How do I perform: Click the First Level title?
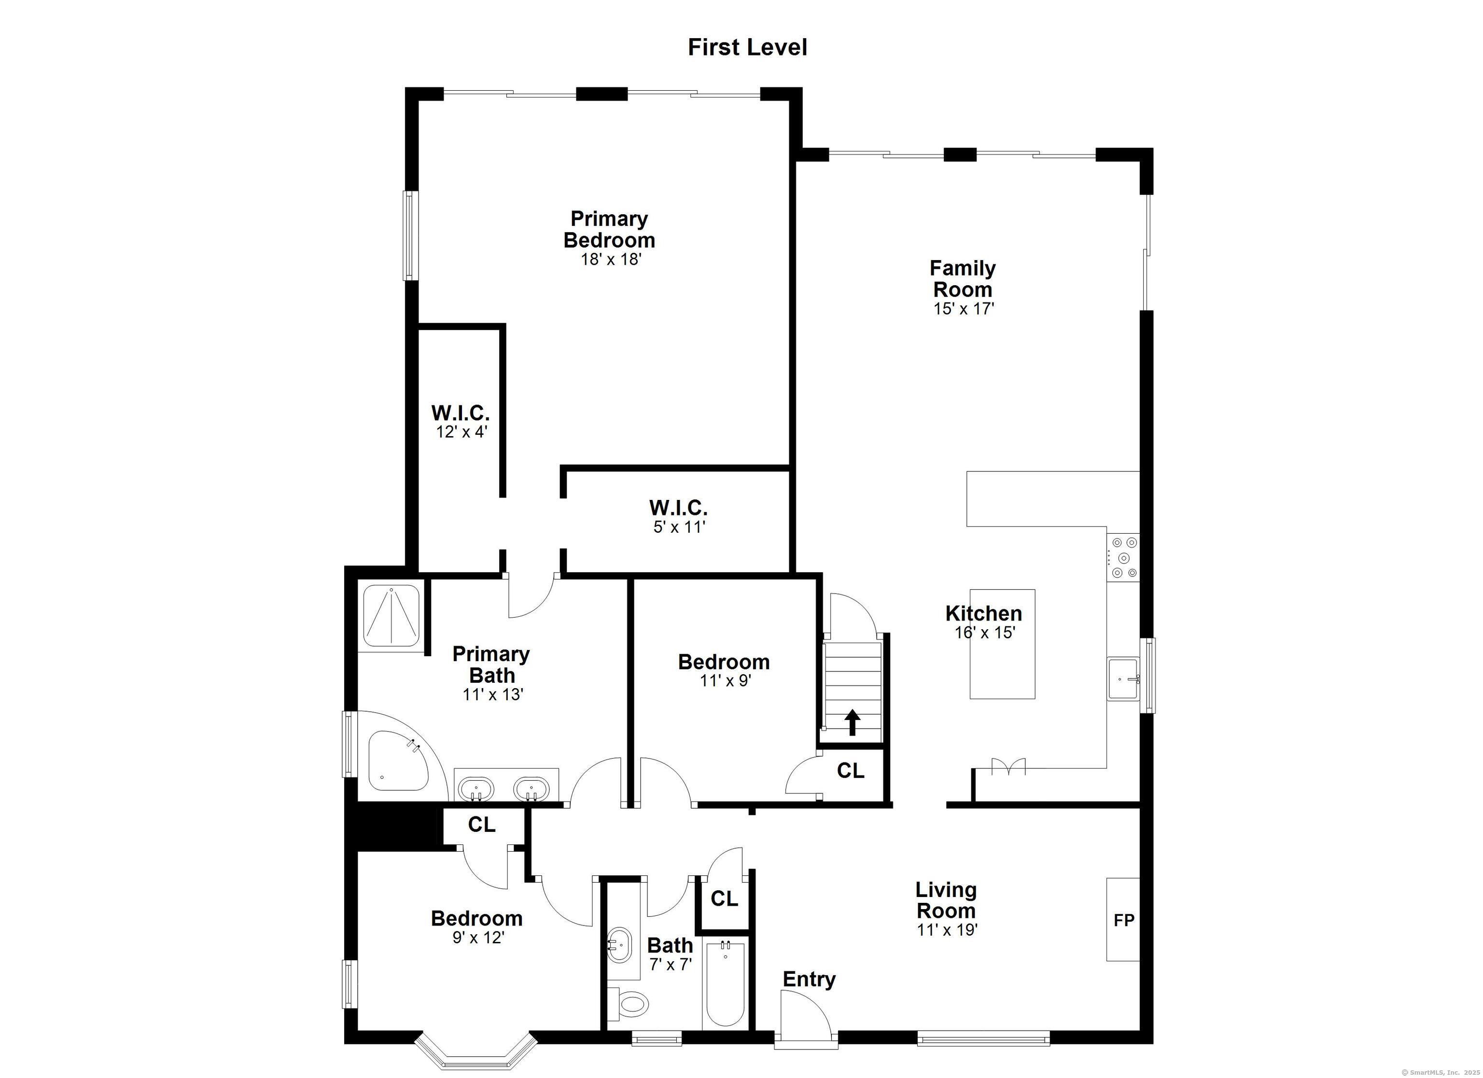pyautogui.click(x=747, y=47)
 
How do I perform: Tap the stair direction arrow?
pyautogui.click(x=852, y=722)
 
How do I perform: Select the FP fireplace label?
pyautogui.click(x=1124, y=921)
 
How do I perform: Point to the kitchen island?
pyautogui.click(x=1002, y=644)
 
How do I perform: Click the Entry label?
pyautogui.click(x=809, y=979)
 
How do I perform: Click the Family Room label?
pyautogui.click(x=963, y=278)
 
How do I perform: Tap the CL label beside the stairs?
pyautogui.click(x=851, y=771)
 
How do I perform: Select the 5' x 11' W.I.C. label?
pyautogui.click(x=679, y=516)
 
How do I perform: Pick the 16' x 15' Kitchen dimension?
pyautogui.click(x=985, y=632)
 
